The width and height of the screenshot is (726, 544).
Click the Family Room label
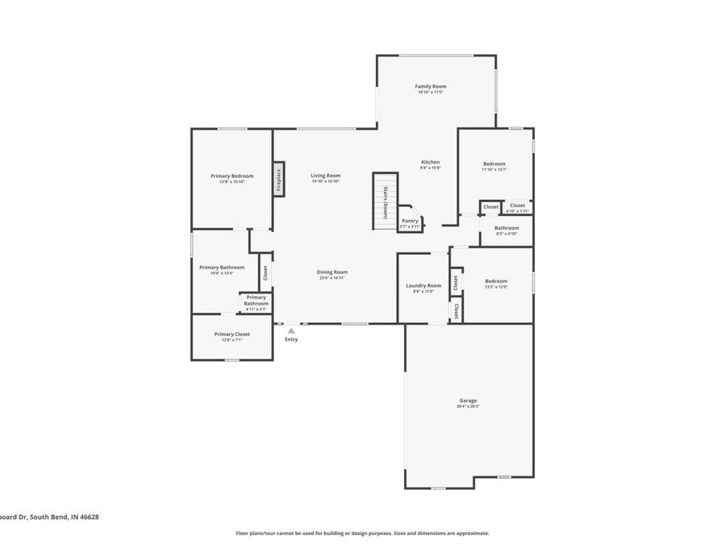(x=431, y=86)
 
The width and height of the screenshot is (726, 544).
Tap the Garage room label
(x=468, y=401)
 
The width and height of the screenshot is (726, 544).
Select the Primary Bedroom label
(x=232, y=176)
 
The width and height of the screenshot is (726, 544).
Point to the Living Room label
(x=326, y=176)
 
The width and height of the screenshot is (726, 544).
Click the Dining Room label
(x=332, y=272)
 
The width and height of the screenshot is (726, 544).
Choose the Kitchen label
(x=430, y=162)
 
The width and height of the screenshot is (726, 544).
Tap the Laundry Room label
(x=423, y=285)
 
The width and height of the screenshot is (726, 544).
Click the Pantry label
(x=410, y=221)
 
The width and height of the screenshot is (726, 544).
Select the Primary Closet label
(x=232, y=334)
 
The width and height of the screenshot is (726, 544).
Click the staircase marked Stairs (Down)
(x=385, y=201)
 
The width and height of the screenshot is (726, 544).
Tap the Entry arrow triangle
(x=291, y=330)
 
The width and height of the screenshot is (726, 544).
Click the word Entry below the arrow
(x=291, y=339)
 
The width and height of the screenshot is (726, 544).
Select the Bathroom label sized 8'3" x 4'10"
(x=507, y=228)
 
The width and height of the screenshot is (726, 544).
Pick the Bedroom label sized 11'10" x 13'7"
(x=494, y=164)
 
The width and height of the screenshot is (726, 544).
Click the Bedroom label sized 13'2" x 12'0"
(x=495, y=281)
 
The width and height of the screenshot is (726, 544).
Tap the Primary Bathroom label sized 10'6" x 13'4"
(x=221, y=268)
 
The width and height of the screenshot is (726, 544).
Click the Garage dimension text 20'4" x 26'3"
(x=468, y=407)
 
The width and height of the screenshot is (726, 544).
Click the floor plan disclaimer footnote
(x=362, y=533)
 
